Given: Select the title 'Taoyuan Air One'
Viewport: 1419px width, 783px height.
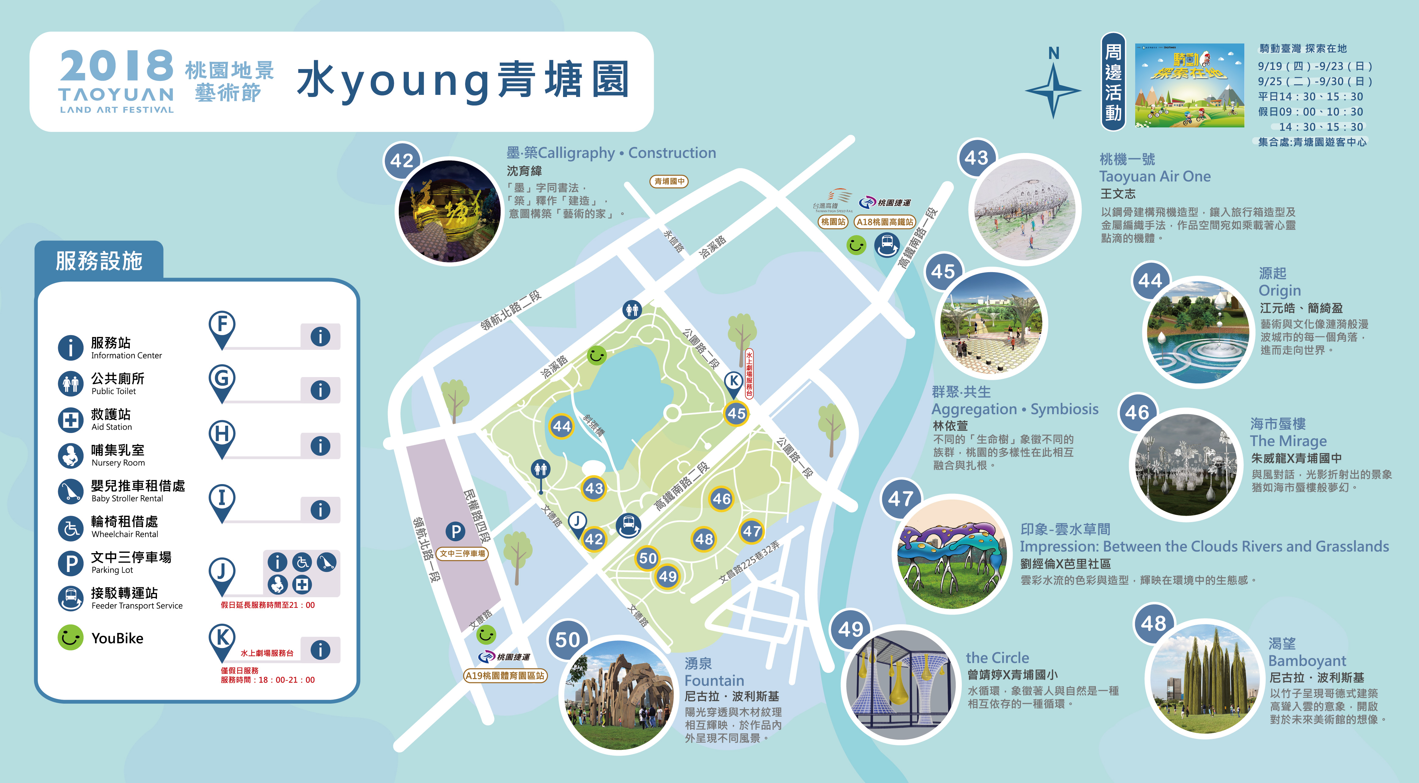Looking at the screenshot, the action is pos(1155,177).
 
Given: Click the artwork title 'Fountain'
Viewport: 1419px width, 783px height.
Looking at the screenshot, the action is pos(714,681).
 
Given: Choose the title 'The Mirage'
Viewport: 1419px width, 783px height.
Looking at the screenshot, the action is pos(1288,441).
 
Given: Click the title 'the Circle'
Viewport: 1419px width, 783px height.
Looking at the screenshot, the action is pos(997,658).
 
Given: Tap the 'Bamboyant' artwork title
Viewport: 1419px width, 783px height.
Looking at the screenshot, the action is pos(1307,661).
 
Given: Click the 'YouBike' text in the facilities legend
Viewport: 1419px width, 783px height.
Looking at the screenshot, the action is pos(117,638).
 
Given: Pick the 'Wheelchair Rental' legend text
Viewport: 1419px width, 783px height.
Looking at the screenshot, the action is pos(124,534).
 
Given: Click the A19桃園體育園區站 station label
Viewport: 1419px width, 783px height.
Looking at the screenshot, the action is pos(505,676).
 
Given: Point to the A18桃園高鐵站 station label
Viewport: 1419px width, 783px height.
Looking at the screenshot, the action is pos(885,222).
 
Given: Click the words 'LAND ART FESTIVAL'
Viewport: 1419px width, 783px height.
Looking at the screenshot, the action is pos(117,109).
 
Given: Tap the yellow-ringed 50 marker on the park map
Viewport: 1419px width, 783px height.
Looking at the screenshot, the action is pos(648,558).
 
